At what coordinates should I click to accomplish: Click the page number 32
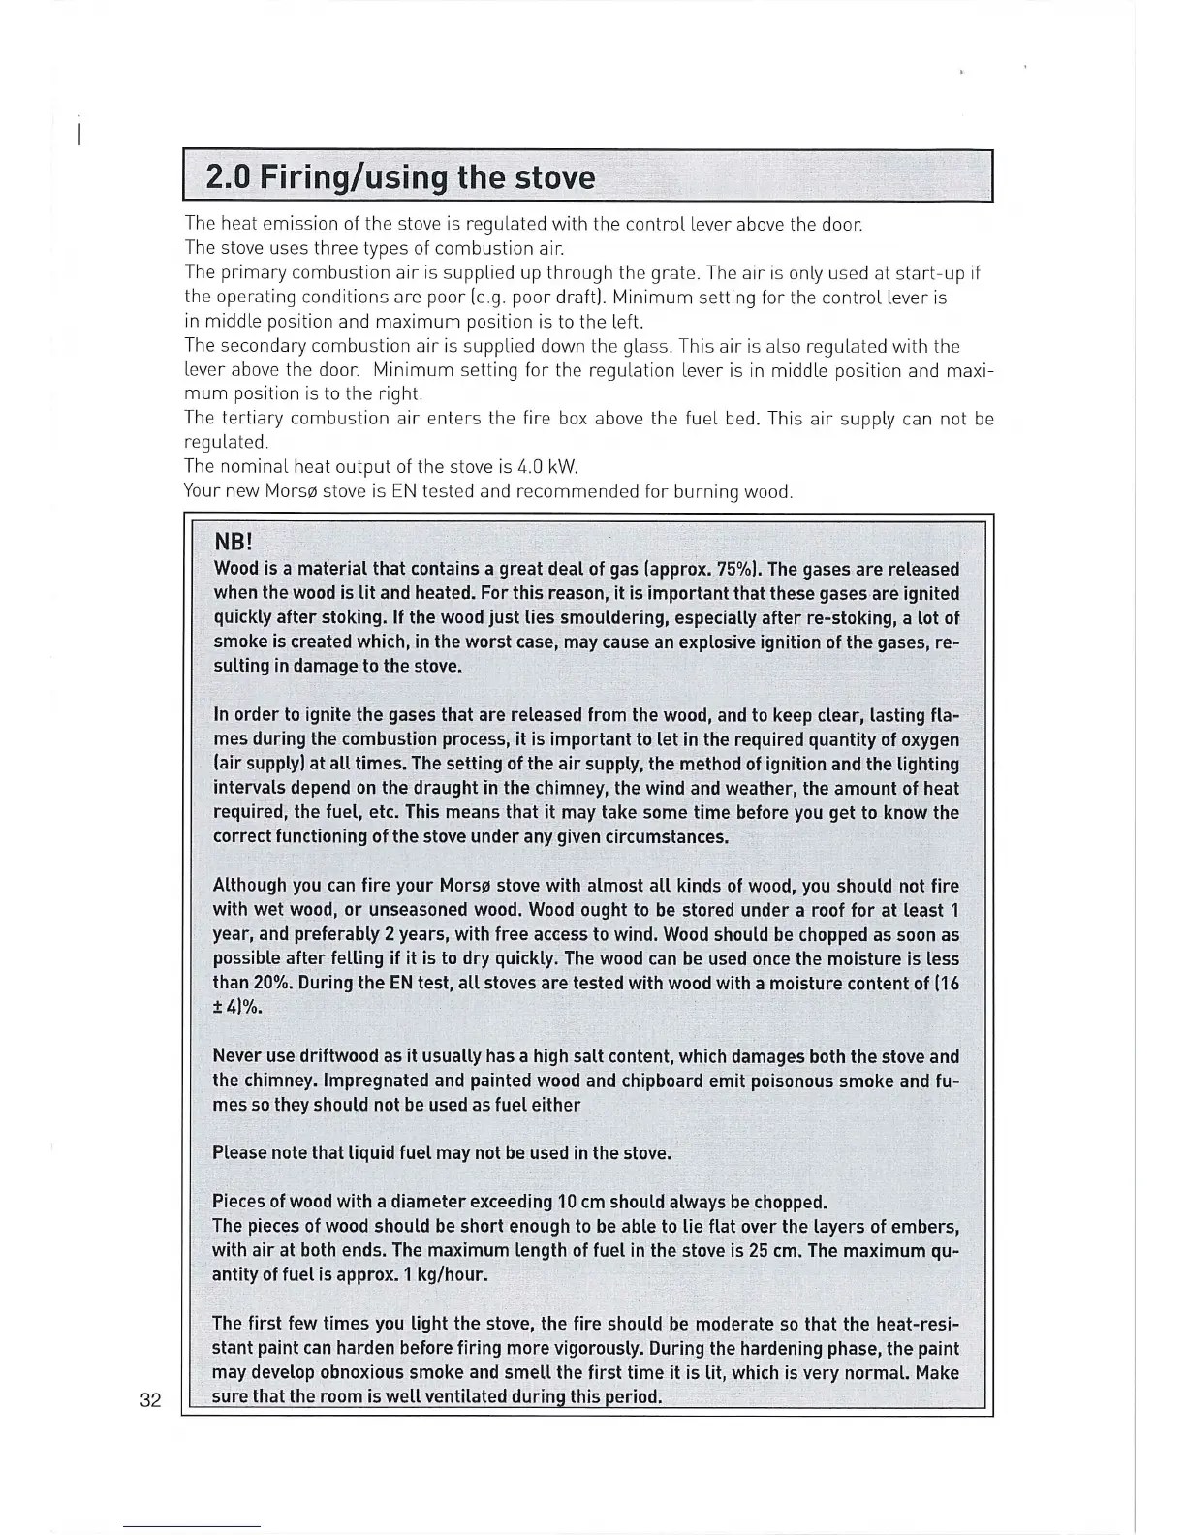click(150, 1400)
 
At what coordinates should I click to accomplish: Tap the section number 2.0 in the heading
click(229, 178)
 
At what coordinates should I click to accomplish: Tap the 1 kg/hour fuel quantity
click(443, 1275)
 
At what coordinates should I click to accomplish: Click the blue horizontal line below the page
click(192, 1528)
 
